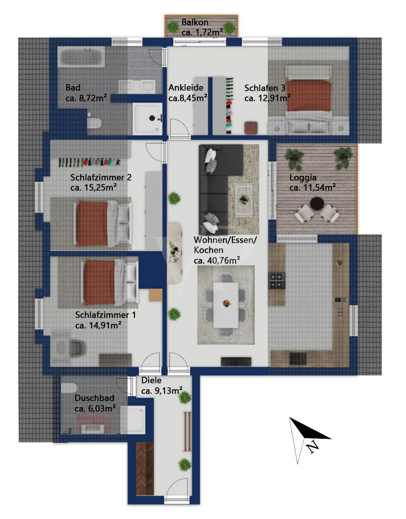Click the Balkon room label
(x=195, y=23)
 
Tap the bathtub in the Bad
(x=81, y=57)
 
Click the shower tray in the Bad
(x=147, y=118)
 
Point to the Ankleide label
(x=186, y=88)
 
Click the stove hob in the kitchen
(x=277, y=280)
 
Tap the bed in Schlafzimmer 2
(x=102, y=224)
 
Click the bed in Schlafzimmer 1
(x=109, y=283)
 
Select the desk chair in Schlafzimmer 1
(x=78, y=348)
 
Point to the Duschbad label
(x=95, y=398)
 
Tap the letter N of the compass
(x=312, y=446)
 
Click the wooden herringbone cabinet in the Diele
(x=144, y=469)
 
